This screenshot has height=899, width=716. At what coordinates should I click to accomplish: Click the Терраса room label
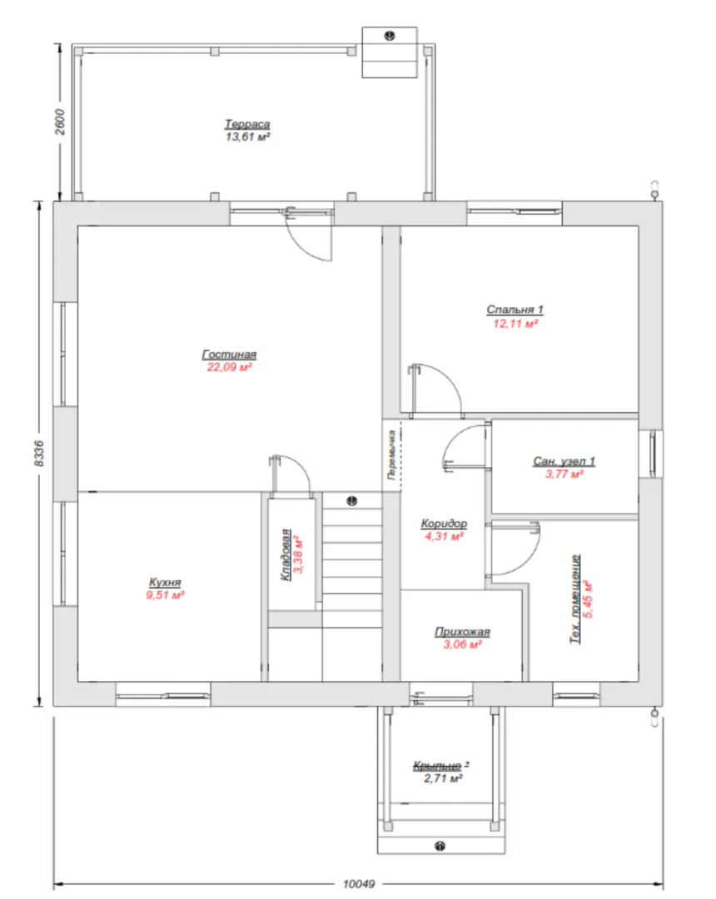coord(247,124)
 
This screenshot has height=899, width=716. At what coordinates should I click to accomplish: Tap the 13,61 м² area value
coord(247,137)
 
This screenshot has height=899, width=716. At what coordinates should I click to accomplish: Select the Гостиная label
coord(229,355)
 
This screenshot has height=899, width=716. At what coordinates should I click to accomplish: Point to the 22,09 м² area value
coord(229,368)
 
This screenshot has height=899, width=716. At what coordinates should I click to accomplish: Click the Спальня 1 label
coord(515,310)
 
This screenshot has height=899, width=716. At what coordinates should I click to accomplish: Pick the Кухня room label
coord(165,582)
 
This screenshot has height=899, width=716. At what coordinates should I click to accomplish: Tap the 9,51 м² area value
coord(165,595)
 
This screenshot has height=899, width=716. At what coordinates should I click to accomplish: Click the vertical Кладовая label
coord(286,555)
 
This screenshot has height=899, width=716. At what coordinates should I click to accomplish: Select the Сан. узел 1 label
coord(564,461)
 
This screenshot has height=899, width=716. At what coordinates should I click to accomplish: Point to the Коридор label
coord(445,524)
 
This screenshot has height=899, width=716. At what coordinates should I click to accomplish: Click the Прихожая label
coord(462,632)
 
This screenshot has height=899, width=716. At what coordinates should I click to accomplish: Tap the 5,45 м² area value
coord(588,599)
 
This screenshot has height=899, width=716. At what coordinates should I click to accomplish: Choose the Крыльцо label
coord(437,766)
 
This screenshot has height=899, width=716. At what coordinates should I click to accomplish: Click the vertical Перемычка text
coord(392,454)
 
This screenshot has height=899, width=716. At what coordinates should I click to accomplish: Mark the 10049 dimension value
coord(359,884)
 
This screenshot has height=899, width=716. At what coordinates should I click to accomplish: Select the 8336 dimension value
coord(39,453)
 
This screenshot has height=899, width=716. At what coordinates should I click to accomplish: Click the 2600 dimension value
coord(60,122)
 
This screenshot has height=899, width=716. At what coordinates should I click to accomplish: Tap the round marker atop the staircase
coord(352,501)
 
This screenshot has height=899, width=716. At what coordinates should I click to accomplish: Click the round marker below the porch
coord(440,846)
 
